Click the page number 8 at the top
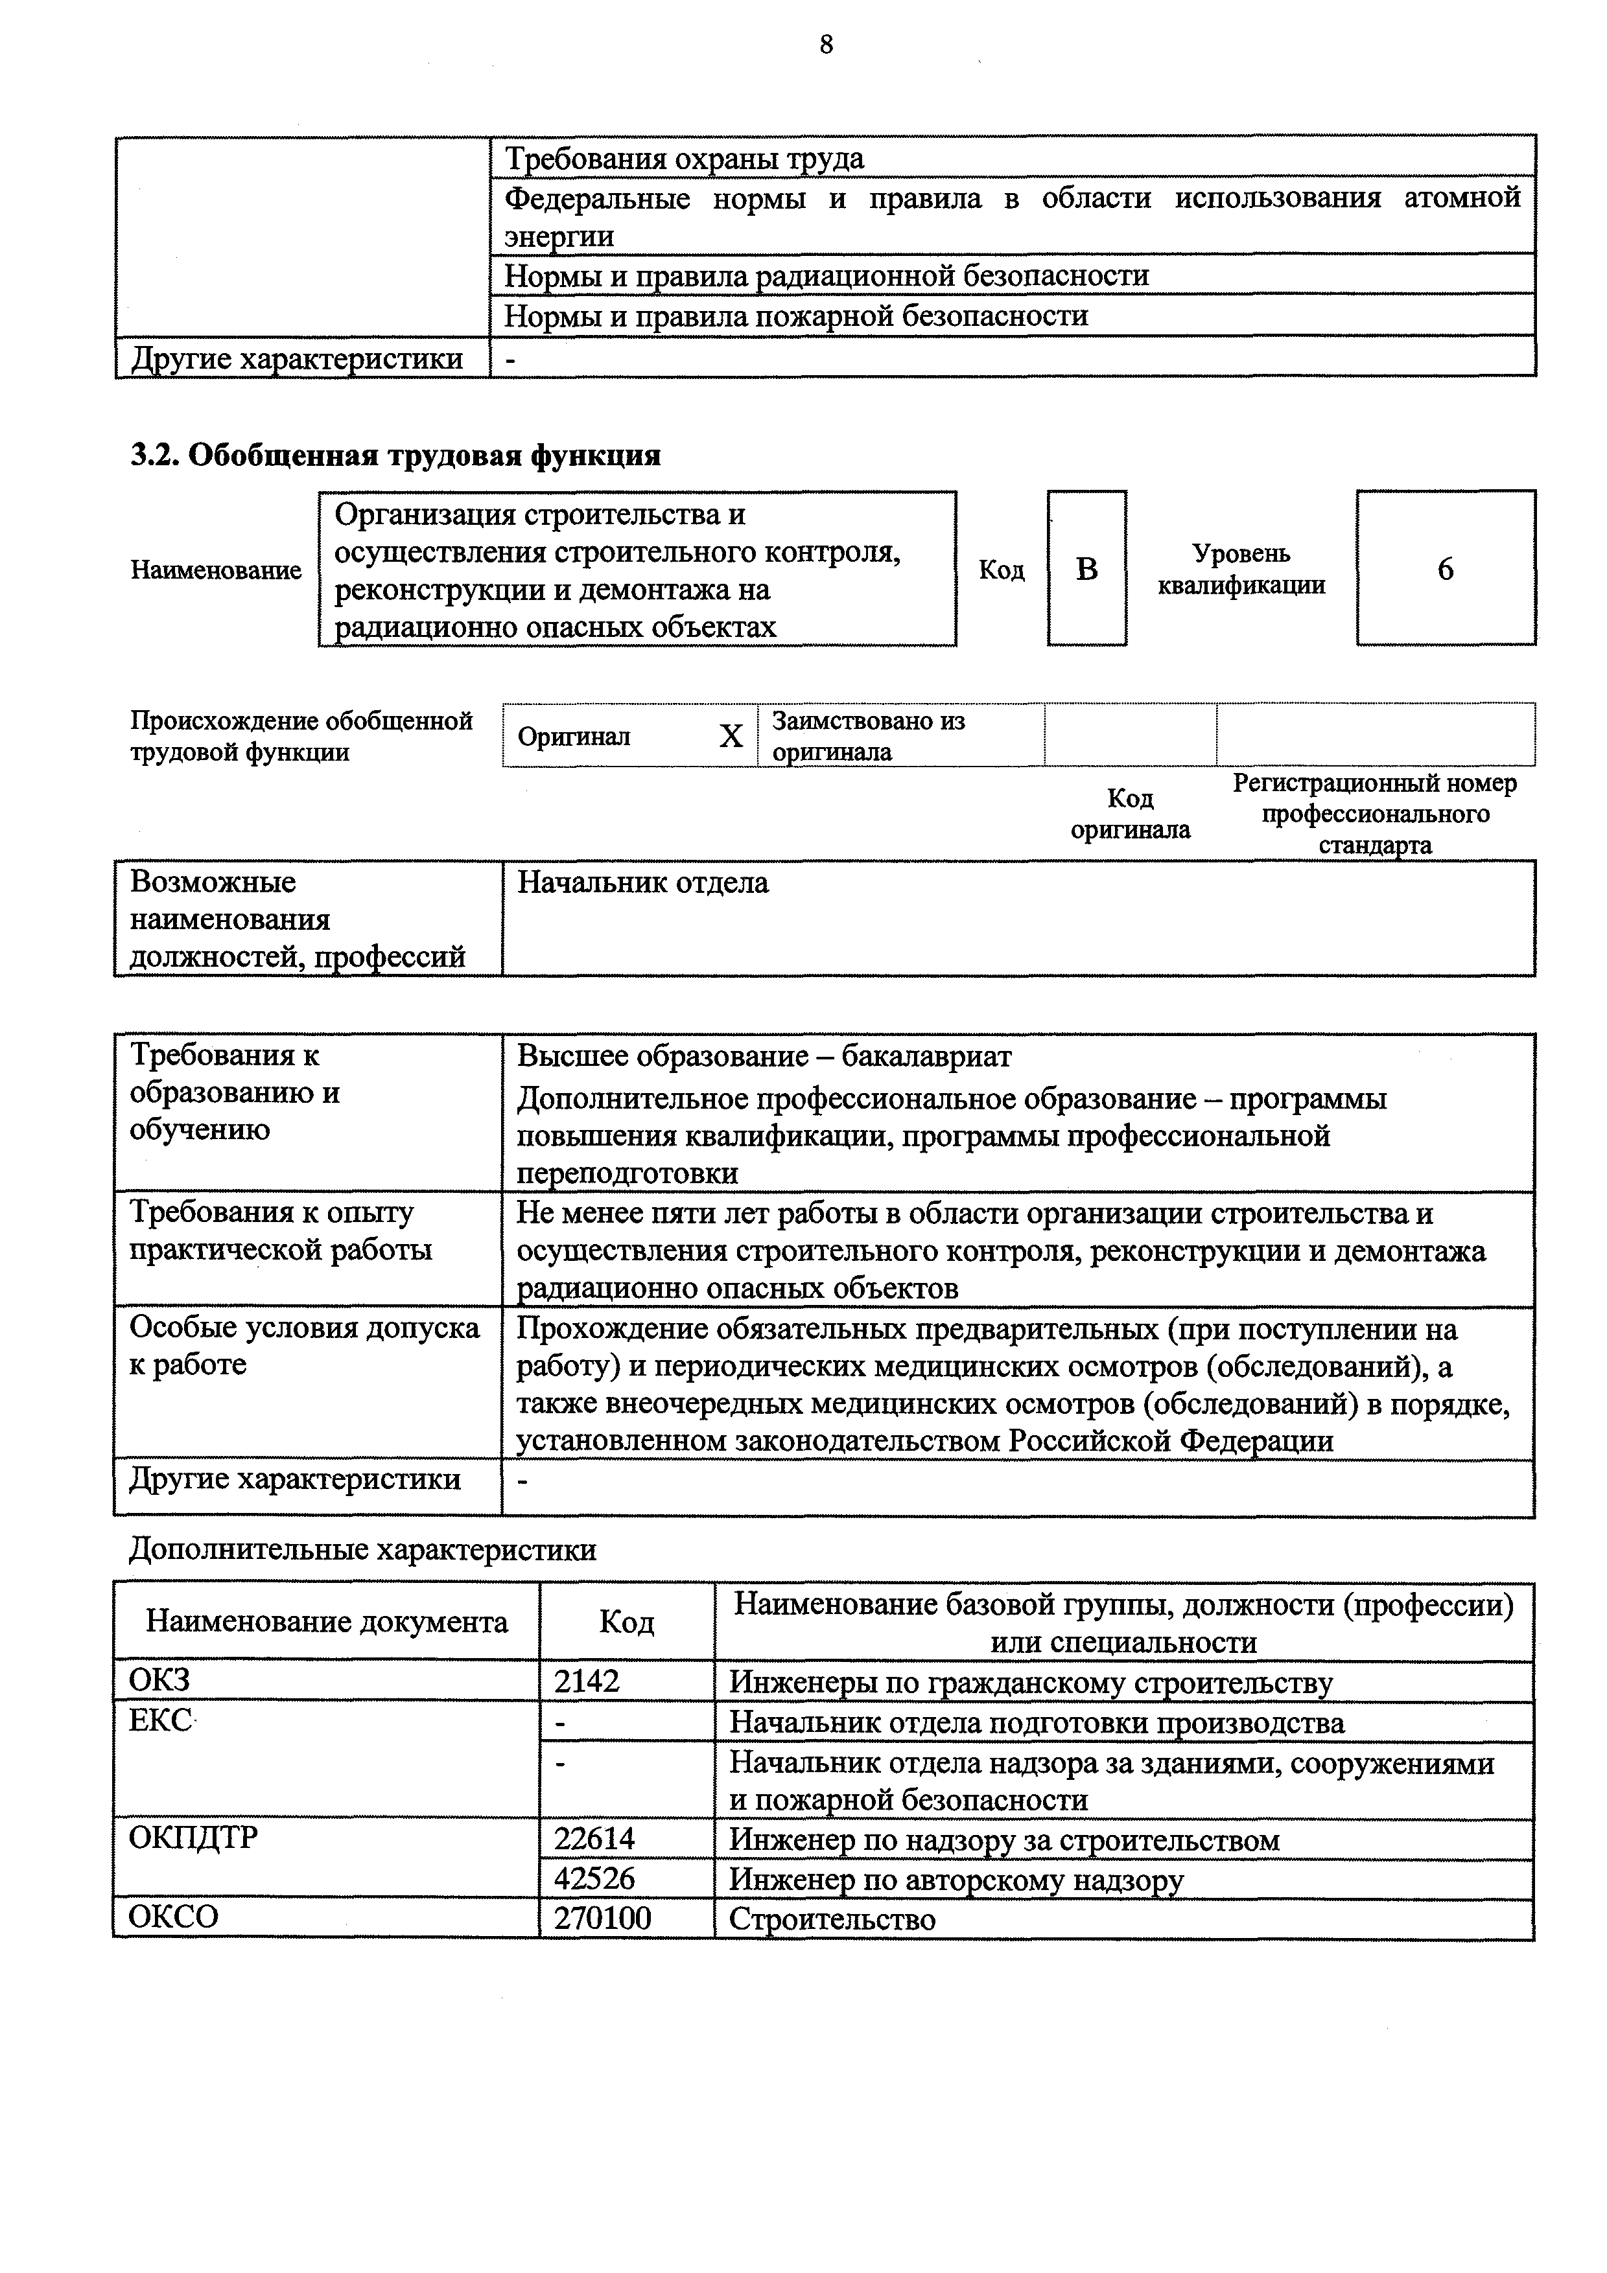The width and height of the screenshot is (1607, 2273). (826, 45)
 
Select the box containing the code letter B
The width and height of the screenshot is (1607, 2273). (1086, 568)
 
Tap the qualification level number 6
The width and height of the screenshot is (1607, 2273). (1445, 570)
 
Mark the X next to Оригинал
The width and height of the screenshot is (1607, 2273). (731, 735)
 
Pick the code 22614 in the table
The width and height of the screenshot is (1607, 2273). (594, 1840)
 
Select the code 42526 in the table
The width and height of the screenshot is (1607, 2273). (594, 1879)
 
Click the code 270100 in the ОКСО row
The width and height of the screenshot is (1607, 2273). (602, 1919)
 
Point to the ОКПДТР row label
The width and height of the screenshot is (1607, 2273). (193, 1838)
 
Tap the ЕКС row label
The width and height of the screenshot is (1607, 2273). (160, 1720)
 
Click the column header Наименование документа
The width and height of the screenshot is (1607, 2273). (327, 1622)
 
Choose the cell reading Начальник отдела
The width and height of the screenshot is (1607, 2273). (642, 882)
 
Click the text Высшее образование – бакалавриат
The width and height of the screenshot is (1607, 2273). (764, 1056)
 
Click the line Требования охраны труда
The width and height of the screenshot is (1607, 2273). (684, 158)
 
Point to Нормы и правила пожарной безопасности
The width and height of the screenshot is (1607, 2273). (796, 316)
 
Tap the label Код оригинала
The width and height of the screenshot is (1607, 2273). (1130, 814)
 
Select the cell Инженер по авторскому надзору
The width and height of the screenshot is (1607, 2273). (956, 1879)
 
